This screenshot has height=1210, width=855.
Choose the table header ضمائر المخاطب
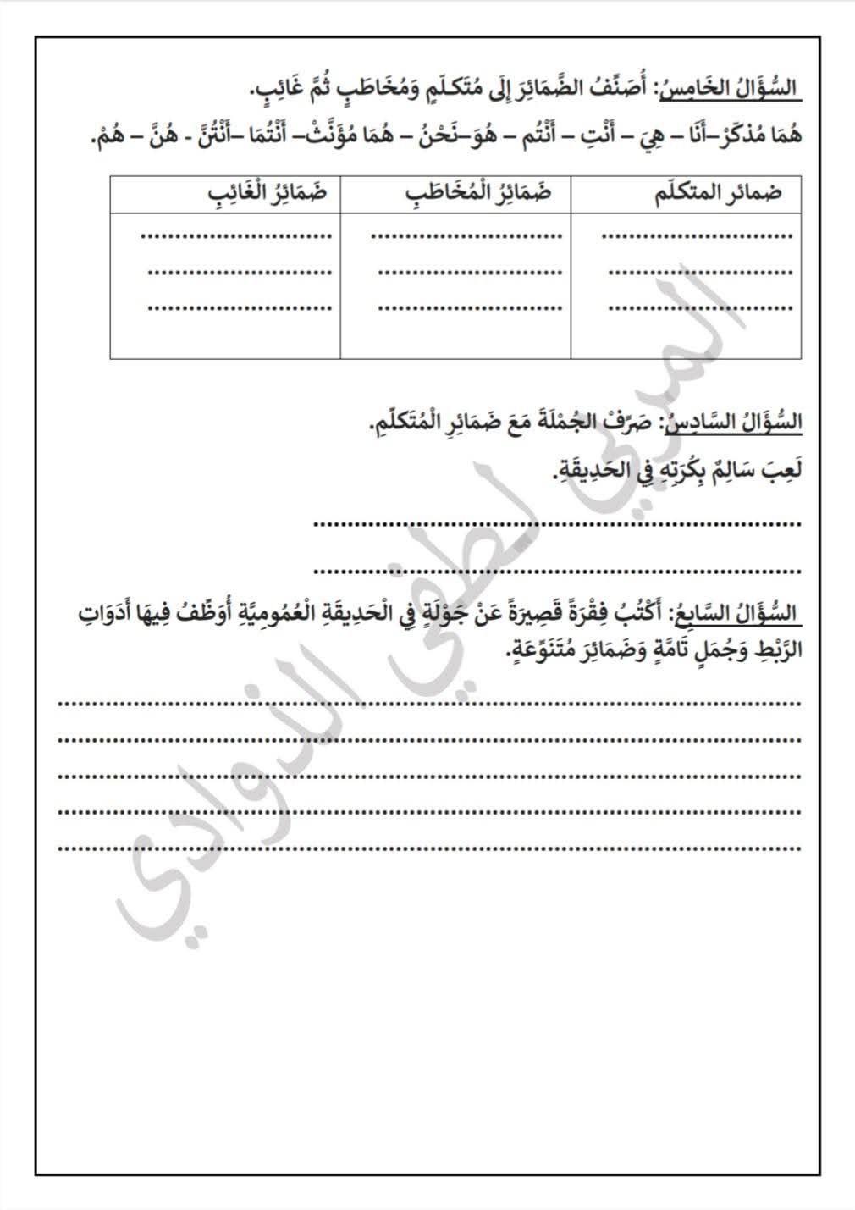[478, 194]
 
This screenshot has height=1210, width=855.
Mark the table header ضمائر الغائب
[268, 194]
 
